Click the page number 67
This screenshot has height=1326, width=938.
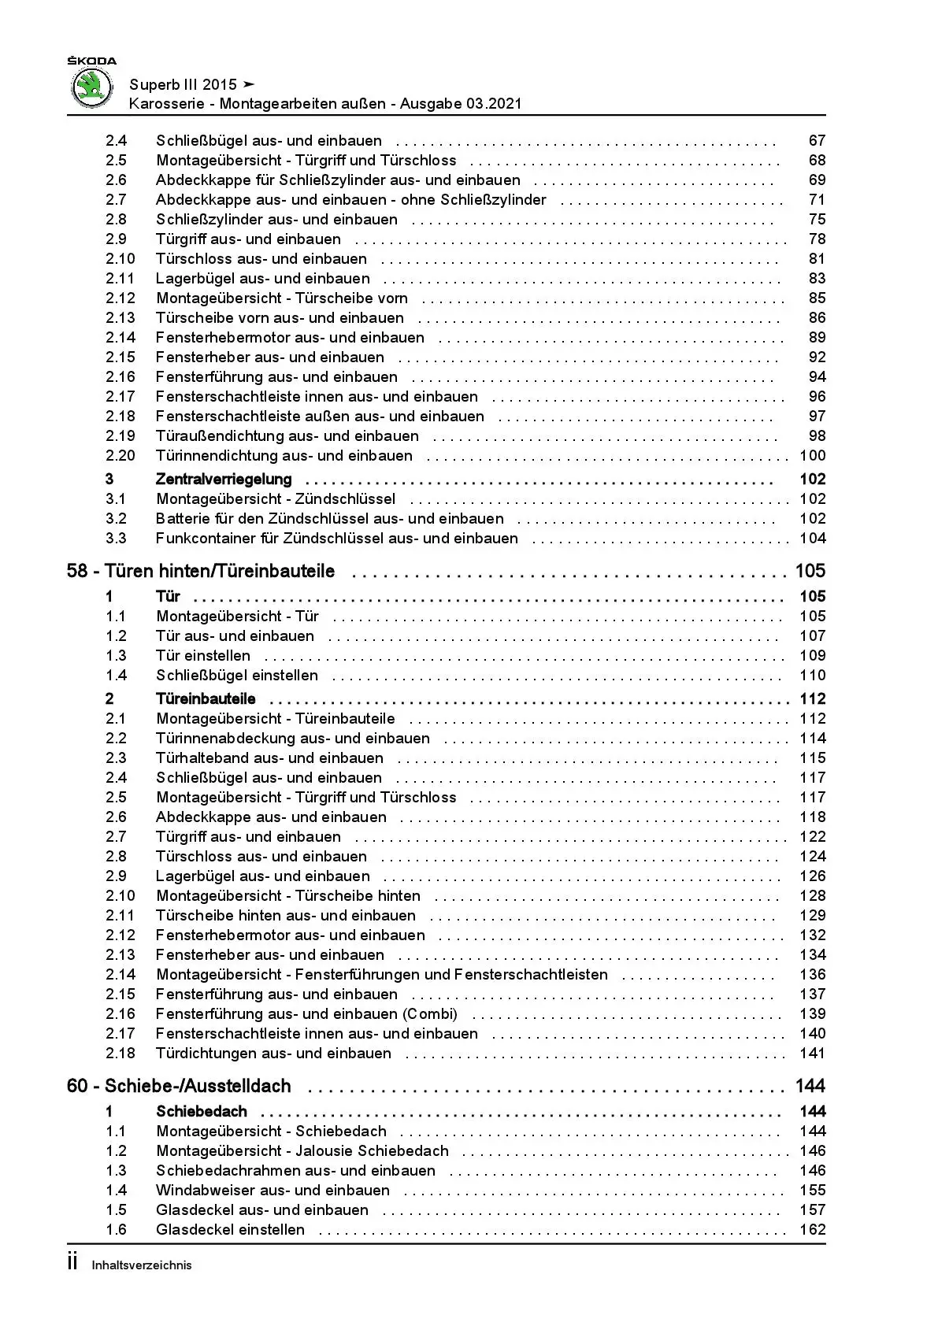[817, 141]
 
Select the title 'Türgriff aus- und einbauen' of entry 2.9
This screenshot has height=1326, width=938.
[248, 239]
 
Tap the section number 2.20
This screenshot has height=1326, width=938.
[120, 456]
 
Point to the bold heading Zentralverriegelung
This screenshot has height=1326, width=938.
[224, 480]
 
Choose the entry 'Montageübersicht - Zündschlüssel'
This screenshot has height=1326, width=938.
[276, 499]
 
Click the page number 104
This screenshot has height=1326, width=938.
[812, 539]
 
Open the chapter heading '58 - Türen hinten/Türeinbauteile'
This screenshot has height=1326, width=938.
[201, 572]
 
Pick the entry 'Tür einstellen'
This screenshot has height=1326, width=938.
[203, 656]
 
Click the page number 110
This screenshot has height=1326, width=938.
[812, 676]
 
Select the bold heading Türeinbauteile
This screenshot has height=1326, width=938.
[206, 699]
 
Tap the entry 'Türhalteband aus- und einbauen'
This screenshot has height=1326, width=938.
[269, 758]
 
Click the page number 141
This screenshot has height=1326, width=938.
[812, 1054]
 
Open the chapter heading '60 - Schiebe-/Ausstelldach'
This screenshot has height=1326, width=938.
[179, 1087]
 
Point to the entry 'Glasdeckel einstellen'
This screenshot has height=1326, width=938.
[230, 1230]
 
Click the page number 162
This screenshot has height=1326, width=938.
[812, 1230]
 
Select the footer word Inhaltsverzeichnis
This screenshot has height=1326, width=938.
[142, 1265]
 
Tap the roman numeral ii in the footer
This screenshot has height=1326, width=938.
[72, 1263]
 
